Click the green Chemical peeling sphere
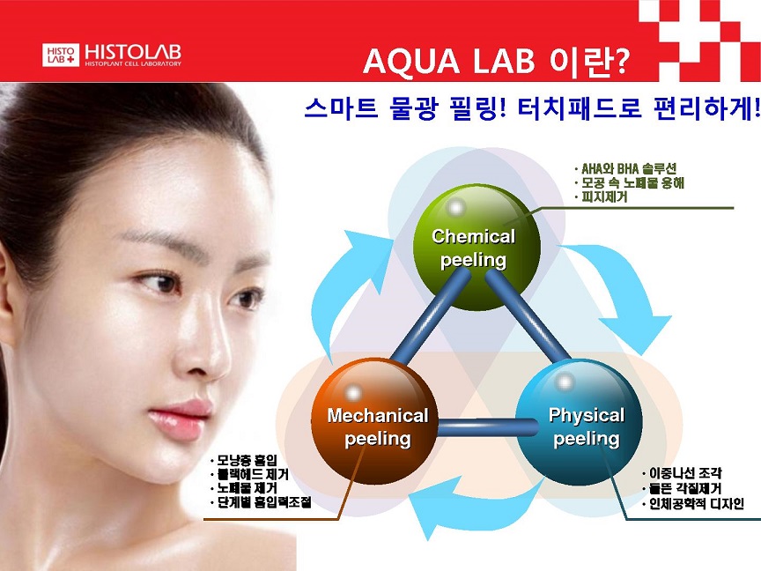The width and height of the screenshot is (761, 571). (477, 247)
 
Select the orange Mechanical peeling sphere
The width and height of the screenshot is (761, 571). (374, 421)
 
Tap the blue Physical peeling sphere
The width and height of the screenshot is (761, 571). (579, 421)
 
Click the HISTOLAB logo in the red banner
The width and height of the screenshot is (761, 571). (112, 55)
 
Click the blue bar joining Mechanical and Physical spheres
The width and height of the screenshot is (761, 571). (488, 427)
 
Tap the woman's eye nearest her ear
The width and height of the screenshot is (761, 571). (160, 283)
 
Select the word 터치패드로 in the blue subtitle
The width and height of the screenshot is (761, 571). (580, 108)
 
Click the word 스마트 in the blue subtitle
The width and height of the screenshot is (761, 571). (341, 108)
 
